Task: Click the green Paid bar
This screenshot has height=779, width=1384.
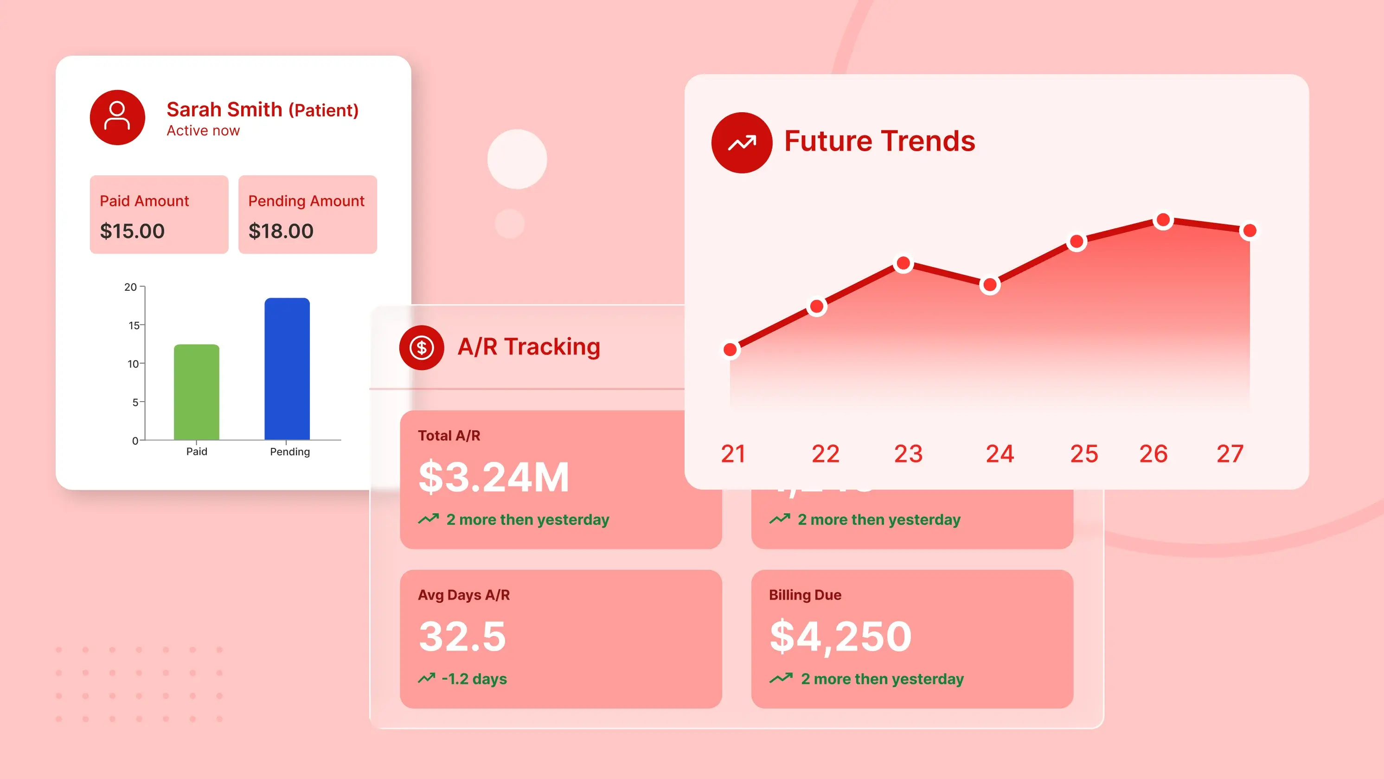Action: point(197,392)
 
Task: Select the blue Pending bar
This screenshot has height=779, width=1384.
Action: point(287,369)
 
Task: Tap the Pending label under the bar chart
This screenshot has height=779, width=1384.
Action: point(289,452)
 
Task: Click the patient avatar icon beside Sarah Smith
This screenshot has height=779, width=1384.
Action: point(117,117)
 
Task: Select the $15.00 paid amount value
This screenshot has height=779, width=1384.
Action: point(132,231)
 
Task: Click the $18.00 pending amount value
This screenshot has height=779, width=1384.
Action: point(281,231)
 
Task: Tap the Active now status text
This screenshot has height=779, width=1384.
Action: point(203,131)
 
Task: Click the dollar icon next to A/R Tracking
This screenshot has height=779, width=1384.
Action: point(421,348)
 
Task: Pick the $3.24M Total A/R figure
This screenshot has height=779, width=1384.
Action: point(493,477)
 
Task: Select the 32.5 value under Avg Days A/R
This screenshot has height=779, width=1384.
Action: point(462,636)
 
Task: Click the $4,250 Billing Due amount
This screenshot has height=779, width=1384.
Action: point(840,636)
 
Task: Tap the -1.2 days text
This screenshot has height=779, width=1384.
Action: point(474,679)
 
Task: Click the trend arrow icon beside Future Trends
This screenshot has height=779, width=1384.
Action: point(742,142)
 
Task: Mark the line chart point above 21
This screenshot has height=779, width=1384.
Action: point(730,350)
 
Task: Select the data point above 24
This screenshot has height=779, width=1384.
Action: point(990,285)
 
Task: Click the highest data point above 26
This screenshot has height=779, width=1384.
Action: point(1163,220)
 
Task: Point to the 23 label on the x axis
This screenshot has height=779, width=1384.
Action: point(908,454)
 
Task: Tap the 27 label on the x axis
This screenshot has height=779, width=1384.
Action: point(1230,454)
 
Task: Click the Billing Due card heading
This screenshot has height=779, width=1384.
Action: point(805,595)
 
